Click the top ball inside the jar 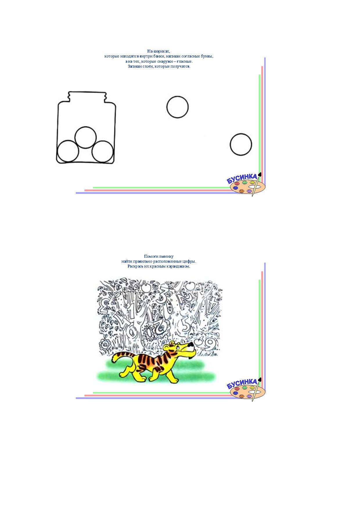point(85,138)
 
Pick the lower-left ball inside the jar point(68,151)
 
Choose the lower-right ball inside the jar point(102,151)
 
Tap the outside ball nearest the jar point(177,107)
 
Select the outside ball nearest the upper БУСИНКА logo point(241,145)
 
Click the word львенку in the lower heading point(167,257)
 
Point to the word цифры point(189,261)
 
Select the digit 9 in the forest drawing point(209,344)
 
